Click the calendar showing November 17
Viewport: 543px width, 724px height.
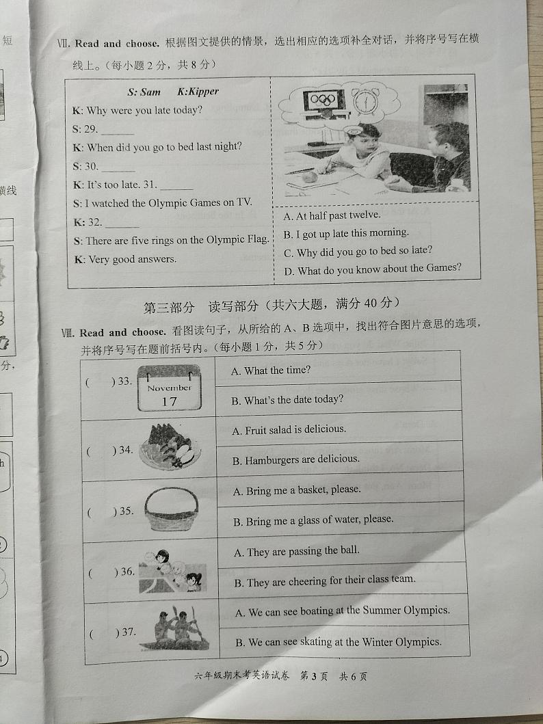click(169, 388)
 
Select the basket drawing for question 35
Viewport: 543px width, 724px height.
click(171, 509)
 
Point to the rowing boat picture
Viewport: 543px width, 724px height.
click(175, 631)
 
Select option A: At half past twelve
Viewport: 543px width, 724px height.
click(331, 215)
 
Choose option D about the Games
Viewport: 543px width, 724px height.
click(372, 269)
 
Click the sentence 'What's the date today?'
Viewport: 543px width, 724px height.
click(287, 400)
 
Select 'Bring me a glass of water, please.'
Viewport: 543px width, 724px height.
click(313, 520)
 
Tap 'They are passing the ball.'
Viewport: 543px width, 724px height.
click(296, 551)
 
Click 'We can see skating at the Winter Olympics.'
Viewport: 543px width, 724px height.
click(339, 642)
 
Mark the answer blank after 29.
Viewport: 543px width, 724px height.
click(118, 131)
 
